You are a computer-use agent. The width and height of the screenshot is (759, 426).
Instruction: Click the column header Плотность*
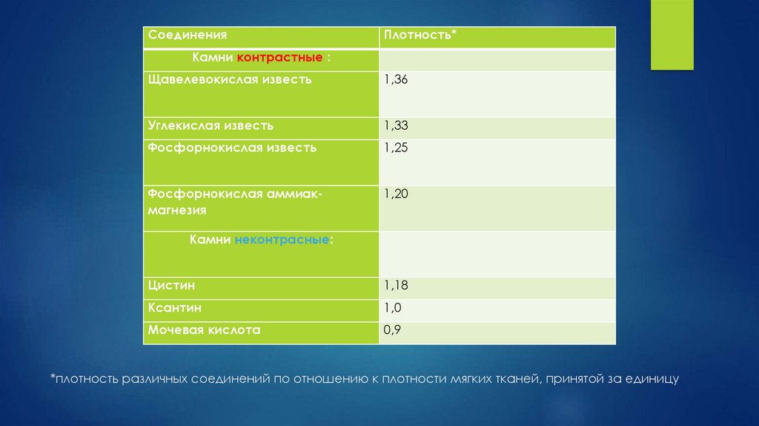pos(420,35)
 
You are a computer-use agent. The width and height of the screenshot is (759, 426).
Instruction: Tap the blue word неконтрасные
pos(282,241)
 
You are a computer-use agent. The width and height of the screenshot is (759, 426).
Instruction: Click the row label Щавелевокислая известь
pos(230,79)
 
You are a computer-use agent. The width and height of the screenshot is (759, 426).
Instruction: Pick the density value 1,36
pos(396,79)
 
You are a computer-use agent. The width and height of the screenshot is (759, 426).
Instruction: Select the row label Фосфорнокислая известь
pos(232,147)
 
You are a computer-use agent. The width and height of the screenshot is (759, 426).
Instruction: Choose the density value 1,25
pos(396,148)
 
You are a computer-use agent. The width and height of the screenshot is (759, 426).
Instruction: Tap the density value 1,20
pos(396,194)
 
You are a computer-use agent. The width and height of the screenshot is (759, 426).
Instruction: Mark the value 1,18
pos(396,285)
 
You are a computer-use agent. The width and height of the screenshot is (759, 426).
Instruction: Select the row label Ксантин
pos(175,307)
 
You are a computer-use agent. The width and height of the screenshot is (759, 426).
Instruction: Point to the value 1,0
pos(392,307)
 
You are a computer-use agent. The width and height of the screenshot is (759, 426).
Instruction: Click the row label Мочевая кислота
pos(204,330)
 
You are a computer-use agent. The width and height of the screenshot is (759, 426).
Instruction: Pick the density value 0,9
pos(392,330)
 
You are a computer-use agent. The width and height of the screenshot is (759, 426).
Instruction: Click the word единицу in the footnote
pos(654,379)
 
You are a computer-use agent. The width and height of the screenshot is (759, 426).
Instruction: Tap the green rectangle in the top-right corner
pos(672,35)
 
